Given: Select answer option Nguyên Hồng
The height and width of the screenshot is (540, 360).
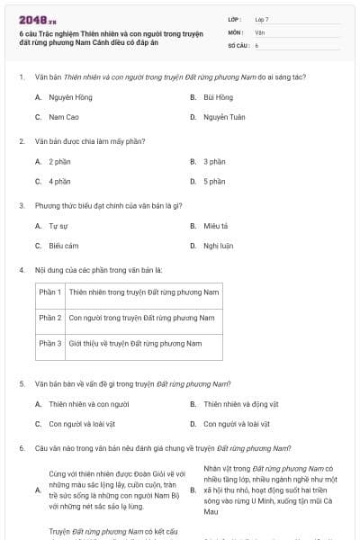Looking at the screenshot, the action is [67, 97].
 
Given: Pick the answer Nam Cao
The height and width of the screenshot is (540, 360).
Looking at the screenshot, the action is [62, 117].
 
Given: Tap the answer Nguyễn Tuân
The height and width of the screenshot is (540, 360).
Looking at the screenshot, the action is [223, 117].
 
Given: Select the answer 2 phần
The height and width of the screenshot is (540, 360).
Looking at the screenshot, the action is [59, 161].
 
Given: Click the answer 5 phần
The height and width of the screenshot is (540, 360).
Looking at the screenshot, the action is [214, 181].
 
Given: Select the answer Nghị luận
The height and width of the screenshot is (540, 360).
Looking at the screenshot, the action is [219, 245].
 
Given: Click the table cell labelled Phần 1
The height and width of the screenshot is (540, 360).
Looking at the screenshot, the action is [50, 292].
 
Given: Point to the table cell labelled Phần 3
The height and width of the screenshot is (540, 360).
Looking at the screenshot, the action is [50, 343].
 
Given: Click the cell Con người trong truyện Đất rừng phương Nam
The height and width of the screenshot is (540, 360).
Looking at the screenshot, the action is [141, 318].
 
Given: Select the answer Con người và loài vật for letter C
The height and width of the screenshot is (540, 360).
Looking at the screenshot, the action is [82, 423].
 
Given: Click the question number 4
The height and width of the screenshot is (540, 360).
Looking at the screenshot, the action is [21, 269].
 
